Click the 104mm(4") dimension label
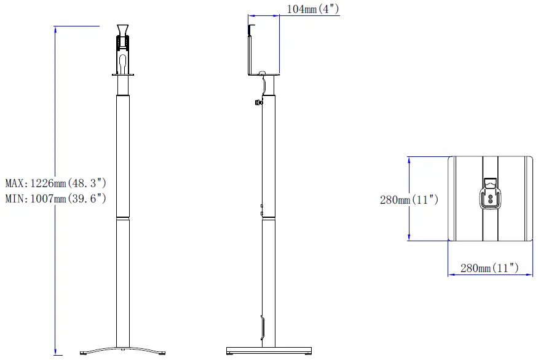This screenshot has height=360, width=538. tap(312, 9)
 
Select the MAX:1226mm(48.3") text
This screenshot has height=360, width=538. tap(56, 183)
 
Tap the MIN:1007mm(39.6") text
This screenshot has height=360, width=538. tap(56, 199)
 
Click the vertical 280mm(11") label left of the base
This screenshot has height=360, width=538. tap(408, 199)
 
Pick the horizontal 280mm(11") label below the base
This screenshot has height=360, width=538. tap(490, 268)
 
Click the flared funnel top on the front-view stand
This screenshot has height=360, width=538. tap(124, 30)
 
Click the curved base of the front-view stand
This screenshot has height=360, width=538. tap(124, 350)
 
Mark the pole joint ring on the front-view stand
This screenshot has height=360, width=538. tap(124, 217)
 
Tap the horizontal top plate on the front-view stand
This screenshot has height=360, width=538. tap(124, 75)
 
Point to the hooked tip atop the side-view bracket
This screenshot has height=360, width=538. tap(250, 26)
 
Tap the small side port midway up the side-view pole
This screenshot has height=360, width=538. tap(261, 210)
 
